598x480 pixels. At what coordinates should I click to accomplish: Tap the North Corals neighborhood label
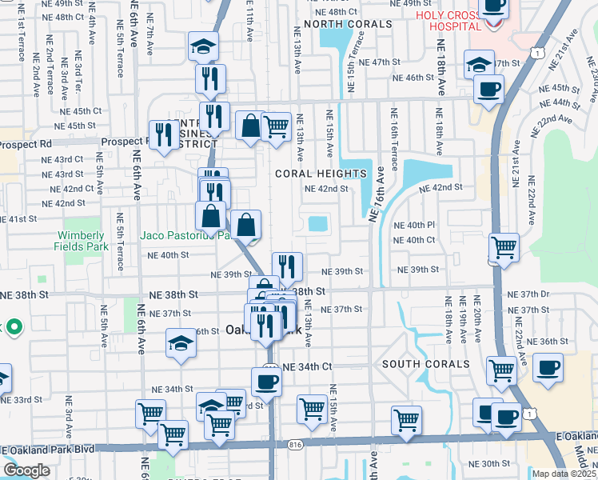coord(347,24)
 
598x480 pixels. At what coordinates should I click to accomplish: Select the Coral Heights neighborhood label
coord(321,174)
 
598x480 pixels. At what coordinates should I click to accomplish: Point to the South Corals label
coord(425,364)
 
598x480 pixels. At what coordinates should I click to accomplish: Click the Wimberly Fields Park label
coord(80,242)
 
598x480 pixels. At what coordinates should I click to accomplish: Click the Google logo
coord(26,470)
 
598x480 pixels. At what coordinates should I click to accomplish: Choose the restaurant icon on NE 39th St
coord(287,266)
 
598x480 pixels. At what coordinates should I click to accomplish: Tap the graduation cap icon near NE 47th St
coord(478,63)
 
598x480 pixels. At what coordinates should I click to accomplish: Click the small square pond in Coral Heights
coord(317,224)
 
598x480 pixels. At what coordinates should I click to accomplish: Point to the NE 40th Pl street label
coord(415,226)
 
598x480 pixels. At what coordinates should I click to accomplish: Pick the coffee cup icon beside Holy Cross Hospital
coord(492,6)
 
